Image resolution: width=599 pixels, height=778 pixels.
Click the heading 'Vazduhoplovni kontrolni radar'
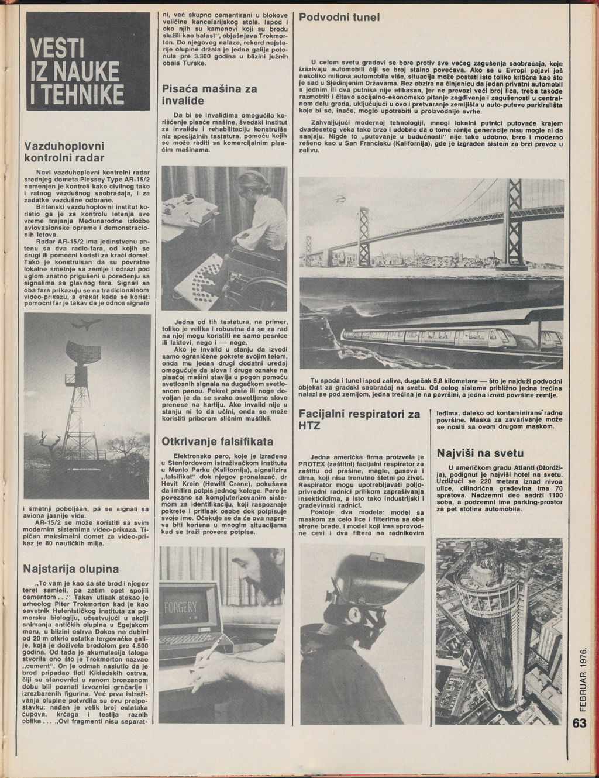pos(64,152)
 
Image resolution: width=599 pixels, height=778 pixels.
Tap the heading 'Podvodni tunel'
pos(340,18)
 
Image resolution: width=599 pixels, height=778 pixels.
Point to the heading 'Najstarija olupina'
pos(70,569)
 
